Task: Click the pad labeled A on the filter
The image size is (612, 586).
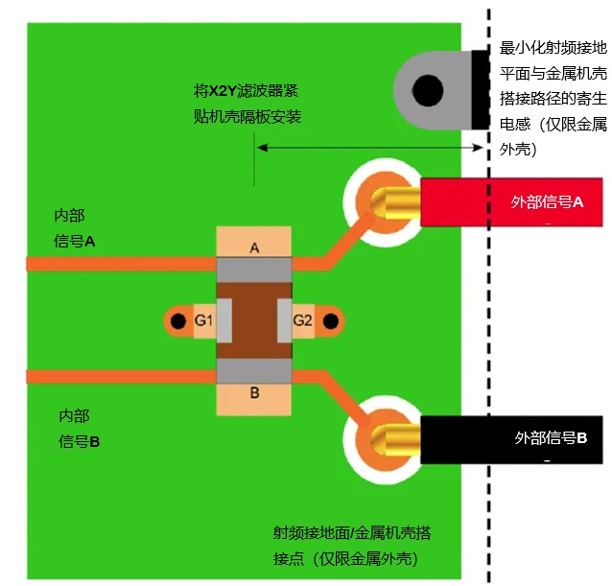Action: point(253,242)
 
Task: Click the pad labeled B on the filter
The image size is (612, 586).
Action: point(253,399)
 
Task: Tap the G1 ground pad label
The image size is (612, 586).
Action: point(204,320)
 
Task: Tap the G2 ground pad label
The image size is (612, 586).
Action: point(303,320)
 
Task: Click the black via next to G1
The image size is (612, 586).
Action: point(178,321)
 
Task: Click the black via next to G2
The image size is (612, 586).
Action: point(331,321)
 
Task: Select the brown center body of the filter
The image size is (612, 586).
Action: point(254,320)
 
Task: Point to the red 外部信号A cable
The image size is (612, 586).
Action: point(511,202)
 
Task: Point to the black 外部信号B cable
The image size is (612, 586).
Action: point(511,439)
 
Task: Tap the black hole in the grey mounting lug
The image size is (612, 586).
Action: point(428,90)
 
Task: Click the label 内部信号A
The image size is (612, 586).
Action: point(74,228)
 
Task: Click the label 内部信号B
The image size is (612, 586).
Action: point(79,429)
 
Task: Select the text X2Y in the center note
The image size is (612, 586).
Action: point(223,91)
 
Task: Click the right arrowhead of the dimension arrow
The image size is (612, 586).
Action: point(479,148)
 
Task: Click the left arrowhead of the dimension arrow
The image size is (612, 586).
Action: point(262,148)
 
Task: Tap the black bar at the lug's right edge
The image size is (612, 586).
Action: point(481,90)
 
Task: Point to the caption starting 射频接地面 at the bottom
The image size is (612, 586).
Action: point(352,546)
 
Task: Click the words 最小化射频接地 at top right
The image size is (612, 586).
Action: point(553,48)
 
